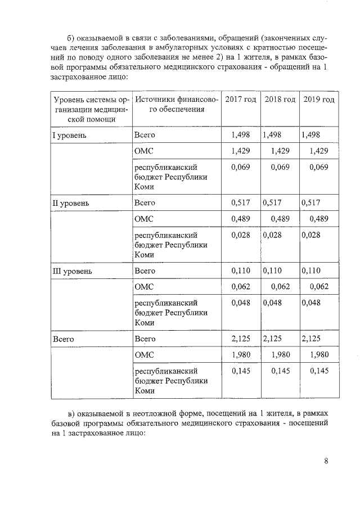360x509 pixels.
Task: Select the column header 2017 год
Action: (x=240, y=100)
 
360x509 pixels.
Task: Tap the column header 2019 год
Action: (x=318, y=100)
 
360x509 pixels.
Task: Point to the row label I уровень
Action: (x=69, y=135)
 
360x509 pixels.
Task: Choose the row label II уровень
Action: (x=70, y=202)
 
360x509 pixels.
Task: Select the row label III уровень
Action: (x=71, y=271)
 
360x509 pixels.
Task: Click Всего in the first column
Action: (x=64, y=339)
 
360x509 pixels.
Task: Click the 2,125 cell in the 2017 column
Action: (x=240, y=339)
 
